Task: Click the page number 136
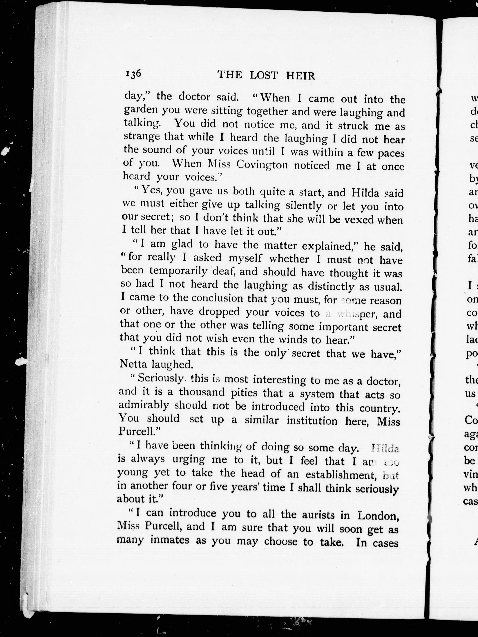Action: (133, 74)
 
